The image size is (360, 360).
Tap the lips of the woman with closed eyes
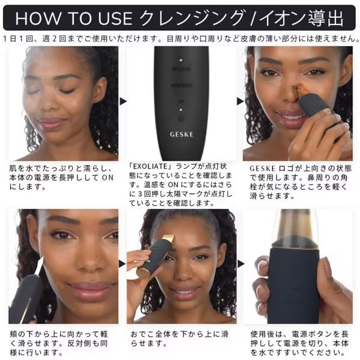[54, 123]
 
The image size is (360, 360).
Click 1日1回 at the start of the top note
[18, 38]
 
